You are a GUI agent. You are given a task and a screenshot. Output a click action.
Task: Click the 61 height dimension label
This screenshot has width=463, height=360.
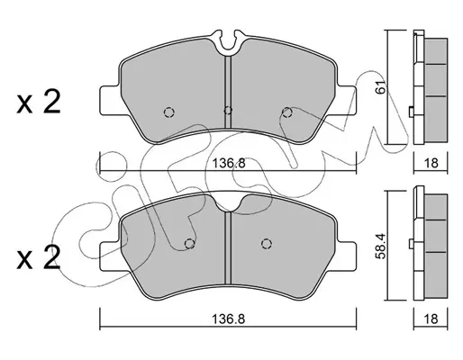[x=381, y=87]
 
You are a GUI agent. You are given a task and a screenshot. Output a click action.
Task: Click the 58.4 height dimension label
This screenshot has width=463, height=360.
[x=381, y=246]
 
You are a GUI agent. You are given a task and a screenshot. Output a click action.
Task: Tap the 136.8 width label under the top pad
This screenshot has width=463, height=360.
[x=229, y=164]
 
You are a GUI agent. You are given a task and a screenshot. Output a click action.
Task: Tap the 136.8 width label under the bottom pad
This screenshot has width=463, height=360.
[x=229, y=319]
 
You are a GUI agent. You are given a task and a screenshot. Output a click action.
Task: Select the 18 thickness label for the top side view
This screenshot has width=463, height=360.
[x=431, y=164]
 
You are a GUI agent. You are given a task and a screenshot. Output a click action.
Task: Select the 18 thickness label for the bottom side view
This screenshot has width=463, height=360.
[x=431, y=319]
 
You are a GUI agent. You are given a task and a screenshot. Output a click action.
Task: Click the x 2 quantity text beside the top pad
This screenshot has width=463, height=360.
[x=39, y=102]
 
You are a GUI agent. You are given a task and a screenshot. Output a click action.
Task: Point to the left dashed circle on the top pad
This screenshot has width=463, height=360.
[x=169, y=112]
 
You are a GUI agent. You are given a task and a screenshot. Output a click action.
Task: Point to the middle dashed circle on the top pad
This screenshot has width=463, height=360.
[x=228, y=111]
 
